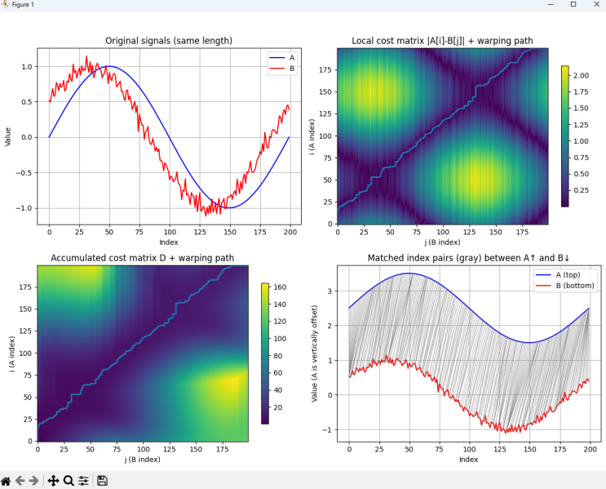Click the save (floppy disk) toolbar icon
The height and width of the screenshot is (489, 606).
[x=102, y=481]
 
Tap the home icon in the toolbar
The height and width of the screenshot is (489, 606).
[x=6, y=481]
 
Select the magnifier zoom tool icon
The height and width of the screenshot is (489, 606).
[x=69, y=481]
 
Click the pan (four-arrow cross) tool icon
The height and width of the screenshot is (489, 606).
[x=53, y=481]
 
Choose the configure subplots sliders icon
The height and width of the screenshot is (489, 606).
[x=83, y=481]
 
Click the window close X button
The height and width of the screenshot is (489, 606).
[x=596, y=5]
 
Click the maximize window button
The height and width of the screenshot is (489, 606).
[x=573, y=4]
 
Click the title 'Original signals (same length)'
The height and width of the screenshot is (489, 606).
[x=169, y=41]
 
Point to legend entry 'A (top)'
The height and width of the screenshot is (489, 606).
[x=568, y=275]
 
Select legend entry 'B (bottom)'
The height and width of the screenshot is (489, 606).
[x=575, y=286]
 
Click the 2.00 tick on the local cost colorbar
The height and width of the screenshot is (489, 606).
[x=581, y=75]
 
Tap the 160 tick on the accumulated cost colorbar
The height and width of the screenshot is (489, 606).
[x=280, y=287]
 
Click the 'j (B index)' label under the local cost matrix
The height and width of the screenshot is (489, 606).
[x=443, y=242]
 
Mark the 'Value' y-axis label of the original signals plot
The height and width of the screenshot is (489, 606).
[x=7, y=136]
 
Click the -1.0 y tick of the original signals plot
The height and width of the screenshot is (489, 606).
[x=24, y=208]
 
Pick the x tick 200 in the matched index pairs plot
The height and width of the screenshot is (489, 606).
[x=591, y=449]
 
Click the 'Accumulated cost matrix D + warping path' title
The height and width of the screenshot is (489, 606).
[x=143, y=258]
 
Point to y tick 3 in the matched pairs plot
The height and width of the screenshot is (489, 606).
[x=330, y=291]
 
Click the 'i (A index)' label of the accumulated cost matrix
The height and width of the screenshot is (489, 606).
[x=13, y=354]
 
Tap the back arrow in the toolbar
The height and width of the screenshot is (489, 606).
[x=20, y=481]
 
